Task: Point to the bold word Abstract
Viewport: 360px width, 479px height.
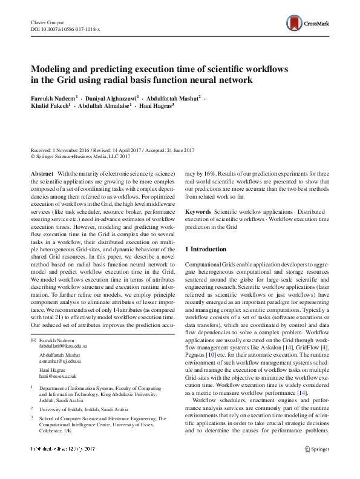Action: pos(41,174)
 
